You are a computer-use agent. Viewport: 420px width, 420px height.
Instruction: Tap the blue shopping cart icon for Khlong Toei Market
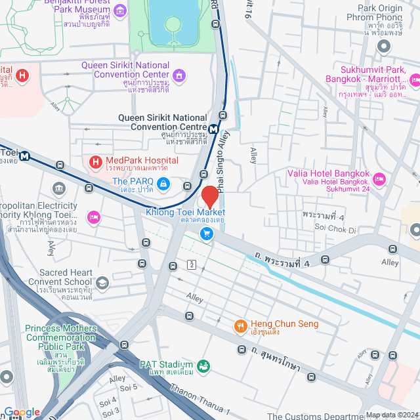207,234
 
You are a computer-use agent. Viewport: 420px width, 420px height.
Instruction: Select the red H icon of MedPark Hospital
95,161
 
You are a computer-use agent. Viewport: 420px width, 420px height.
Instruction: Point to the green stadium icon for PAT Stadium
203,365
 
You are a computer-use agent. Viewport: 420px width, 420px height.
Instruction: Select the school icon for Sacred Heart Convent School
102,283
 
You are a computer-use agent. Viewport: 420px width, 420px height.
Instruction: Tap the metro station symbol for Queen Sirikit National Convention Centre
214,128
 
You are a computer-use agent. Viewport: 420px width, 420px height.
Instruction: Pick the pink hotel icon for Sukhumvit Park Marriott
414,81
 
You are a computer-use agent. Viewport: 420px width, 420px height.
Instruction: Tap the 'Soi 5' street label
128,387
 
